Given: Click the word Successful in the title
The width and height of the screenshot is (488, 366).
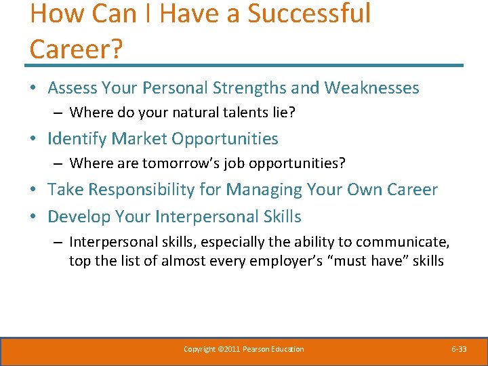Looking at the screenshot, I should pos(309,14).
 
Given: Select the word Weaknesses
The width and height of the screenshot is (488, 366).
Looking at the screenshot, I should pos(371,88).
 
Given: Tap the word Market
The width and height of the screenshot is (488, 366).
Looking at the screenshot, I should pos(139,139).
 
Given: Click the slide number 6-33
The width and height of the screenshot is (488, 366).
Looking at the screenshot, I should pos(459,349).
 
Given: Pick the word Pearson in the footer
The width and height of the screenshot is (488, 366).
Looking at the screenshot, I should pos(256,349).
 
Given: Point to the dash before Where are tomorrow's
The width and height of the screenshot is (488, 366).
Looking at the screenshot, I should pos(59,163).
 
